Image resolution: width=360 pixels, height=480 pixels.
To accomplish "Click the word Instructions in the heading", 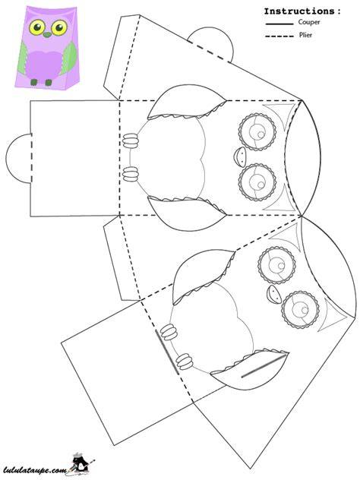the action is (x=299, y=11).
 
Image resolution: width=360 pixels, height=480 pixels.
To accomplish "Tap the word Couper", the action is (x=309, y=22).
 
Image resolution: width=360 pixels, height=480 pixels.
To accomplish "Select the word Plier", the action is (x=305, y=35).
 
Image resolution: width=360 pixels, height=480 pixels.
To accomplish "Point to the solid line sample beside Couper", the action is (x=279, y=24).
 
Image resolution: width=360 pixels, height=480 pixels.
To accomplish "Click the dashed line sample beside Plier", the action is (x=279, y=36).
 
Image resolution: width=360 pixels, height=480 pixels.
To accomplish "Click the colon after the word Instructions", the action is (x=338, y=12).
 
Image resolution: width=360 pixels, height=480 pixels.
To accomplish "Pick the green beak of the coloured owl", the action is (x=47, y=35).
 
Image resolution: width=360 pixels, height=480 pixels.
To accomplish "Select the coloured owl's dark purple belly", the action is (x=43, y=65).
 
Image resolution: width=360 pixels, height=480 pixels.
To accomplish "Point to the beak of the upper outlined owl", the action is (x=239, y=156).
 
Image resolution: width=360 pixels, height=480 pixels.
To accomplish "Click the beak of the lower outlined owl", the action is (x=273, y=295).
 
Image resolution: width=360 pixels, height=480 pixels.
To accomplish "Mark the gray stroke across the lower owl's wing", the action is (x=263, y=366).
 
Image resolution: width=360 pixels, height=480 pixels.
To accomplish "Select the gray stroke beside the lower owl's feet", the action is (x=167, y=352).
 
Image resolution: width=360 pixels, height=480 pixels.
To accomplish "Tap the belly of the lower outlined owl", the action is (x=212, y=327).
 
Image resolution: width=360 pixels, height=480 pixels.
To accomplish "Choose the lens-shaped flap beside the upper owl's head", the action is (x=303, y=158).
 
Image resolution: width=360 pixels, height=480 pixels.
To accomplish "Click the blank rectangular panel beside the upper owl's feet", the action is (x=74, y=158).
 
